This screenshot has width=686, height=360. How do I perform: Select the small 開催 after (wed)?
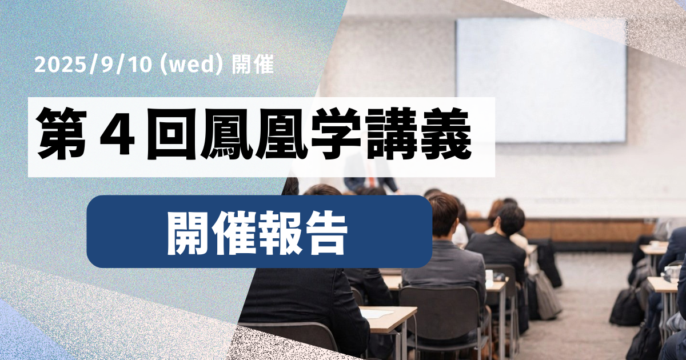[x=254, y=65]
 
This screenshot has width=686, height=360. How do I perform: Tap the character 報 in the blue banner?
[x=280, y=232]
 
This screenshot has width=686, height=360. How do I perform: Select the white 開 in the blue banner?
[x=189, y=232]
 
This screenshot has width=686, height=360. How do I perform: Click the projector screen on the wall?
[x=540, y=80]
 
